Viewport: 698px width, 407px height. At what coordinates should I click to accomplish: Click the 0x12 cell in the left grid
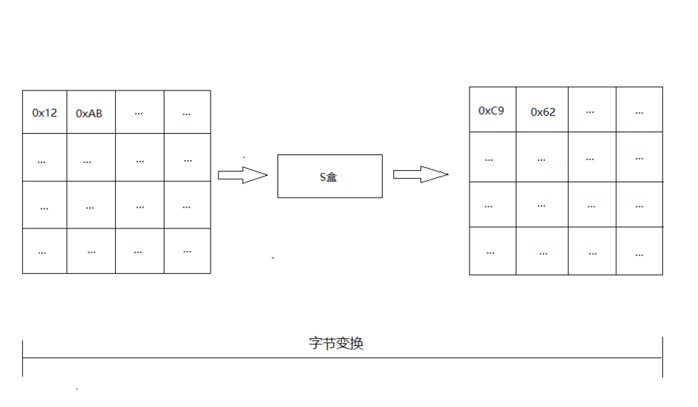coord(45,112)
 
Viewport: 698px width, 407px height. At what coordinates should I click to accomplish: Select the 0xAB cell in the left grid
coord(90,112)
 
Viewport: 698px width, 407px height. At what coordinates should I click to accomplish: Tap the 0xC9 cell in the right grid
coord(492,110)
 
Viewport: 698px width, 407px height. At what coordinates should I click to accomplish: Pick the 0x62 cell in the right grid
coord(543,111)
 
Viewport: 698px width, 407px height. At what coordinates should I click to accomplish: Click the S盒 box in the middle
coord(329,176)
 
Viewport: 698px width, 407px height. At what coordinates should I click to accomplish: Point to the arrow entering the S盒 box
coord(242,175)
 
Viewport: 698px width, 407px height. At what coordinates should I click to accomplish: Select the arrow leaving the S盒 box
coord(420,174)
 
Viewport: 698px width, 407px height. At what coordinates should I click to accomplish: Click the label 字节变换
coord(336,343)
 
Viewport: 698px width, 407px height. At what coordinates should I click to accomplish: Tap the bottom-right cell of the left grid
coord(187,250)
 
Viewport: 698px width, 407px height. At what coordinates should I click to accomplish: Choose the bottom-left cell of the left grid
coord(44,250)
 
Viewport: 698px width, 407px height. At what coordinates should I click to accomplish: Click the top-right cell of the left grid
coord(187,112)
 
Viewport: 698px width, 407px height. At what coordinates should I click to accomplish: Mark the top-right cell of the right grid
coord(639,110)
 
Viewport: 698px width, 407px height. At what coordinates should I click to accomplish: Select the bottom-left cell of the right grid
coord(492,252)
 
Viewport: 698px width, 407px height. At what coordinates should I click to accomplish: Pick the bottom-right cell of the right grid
coord(639,252)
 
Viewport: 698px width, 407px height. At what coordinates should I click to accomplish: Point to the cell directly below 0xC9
coord(492,158)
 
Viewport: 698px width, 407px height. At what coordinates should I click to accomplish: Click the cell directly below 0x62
coord(542,158)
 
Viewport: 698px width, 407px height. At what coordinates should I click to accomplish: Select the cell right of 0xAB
coord(139,112)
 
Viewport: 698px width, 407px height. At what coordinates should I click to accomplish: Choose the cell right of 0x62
coord(591,110)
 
